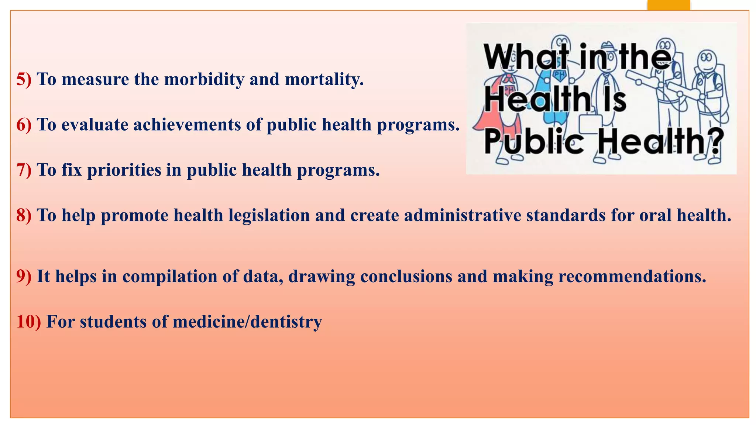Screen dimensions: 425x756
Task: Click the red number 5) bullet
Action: click(x=24, y=79)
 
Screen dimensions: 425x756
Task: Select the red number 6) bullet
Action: click(x=24, y=125)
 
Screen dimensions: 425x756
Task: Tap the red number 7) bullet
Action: click(x=24, y=170)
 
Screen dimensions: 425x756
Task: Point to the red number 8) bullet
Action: click(x=24, y=215)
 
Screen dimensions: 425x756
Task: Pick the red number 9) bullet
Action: click(x=24, y=276)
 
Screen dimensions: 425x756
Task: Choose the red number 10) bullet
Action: click(x=28, y=322)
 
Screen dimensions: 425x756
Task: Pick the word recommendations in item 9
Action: click(x=632, y=276)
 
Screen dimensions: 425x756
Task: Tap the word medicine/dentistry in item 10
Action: click(x=247, y=322)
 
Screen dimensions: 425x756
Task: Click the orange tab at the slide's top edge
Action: click(x=669, y=5)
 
